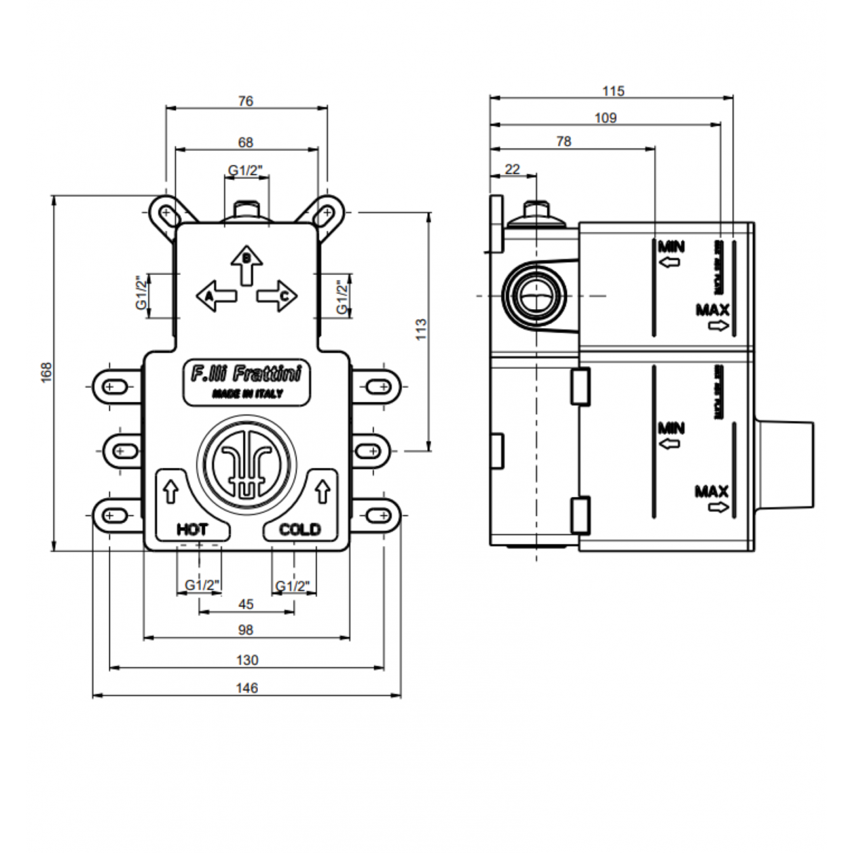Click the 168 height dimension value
(x=47, y=372)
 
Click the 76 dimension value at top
(x=246, y=101)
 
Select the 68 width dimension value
(x=246, y=142)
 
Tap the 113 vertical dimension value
(x=421, y=328)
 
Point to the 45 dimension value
(x=246, y=604)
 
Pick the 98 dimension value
(x=246, y=630)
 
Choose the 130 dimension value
(x=247, y=660)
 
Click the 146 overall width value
(x=247, y=688)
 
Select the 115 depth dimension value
(x=613, y=91)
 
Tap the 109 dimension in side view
(x=606, y=118)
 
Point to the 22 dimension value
(x=512, y=169)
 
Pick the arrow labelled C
(x=276, y=296)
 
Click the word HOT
(x=192, y=529)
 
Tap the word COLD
(x=300, y=529)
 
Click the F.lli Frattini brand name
(x=246, y=375)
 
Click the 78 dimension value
(x=563, y=141)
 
